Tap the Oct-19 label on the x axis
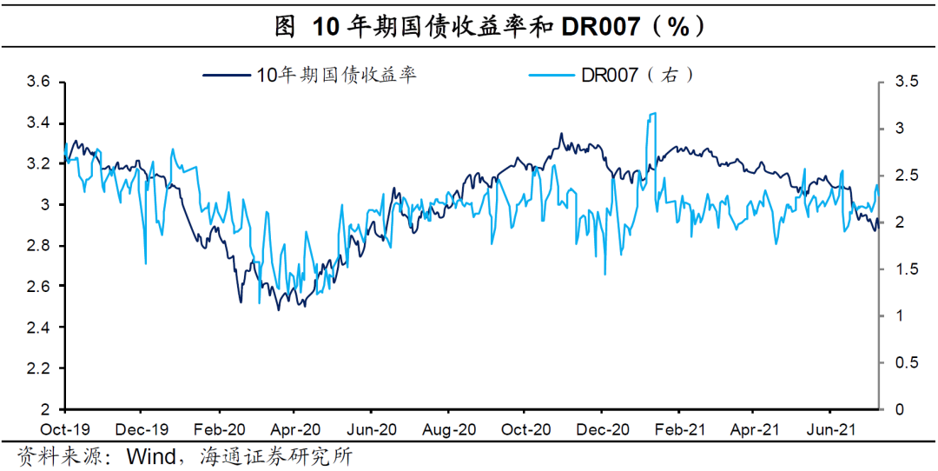[x=65, y=429]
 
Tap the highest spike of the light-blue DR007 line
[x=652, y=113]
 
